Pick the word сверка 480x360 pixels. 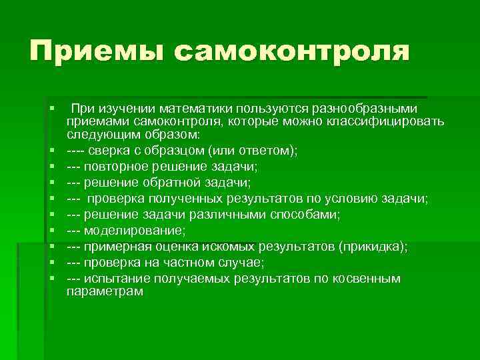pos(109,151)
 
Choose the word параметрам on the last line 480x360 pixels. pos(105,292)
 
